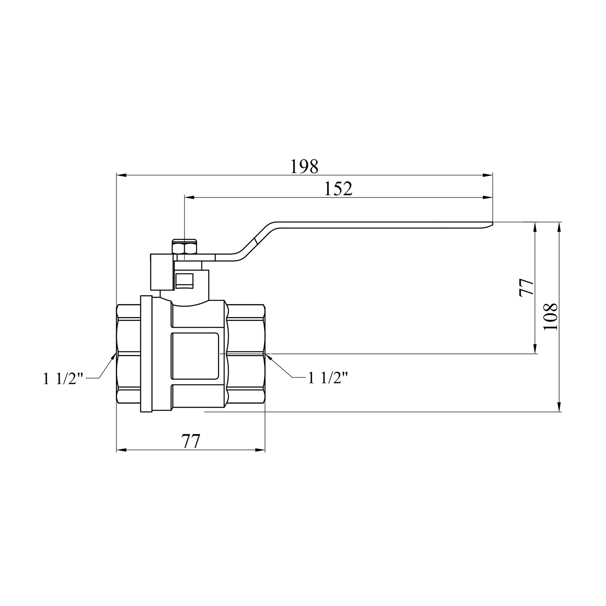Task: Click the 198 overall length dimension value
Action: (304, 166)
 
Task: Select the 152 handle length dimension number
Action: (338, 189)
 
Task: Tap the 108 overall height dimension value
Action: (550, 316)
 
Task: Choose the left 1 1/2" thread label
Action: (63, 379)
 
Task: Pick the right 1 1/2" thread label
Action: (328, 377)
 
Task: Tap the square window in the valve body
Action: (195, 356)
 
